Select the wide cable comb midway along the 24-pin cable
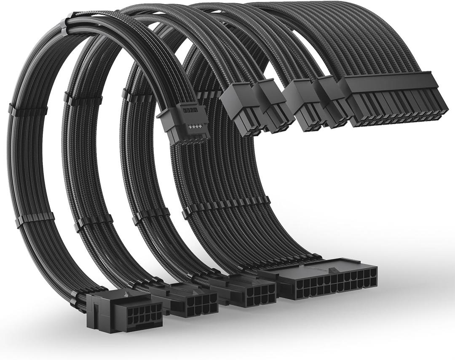(x=225, y=206)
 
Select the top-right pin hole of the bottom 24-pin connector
(x=373, y=272)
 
